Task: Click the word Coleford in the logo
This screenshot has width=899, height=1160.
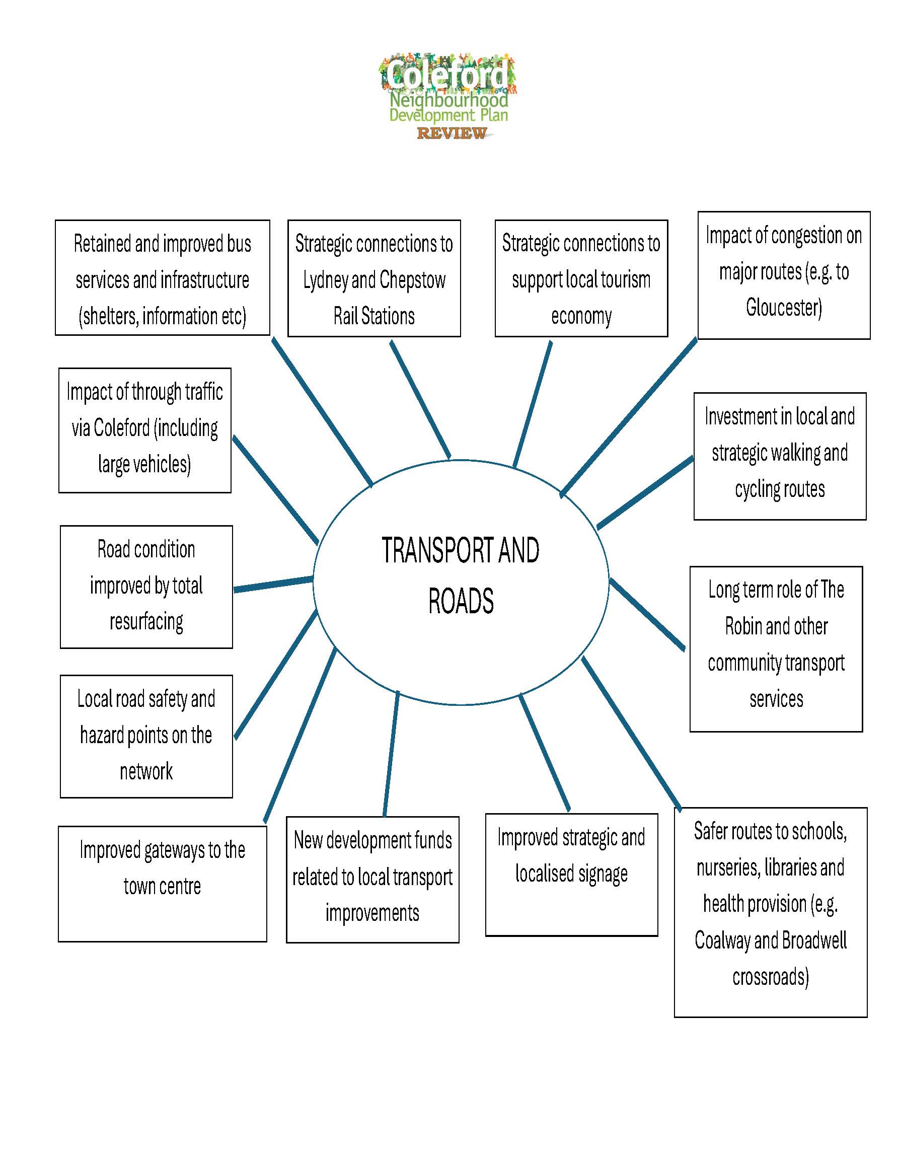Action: click(447, 75)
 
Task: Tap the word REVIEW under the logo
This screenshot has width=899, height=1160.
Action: click(452, 133)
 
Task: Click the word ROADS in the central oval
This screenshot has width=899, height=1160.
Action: click(461, 601)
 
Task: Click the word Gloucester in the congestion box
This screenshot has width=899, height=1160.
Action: click(783, 308)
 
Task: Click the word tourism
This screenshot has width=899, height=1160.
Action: click(625, 279)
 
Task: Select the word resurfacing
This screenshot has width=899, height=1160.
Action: click(146, 621)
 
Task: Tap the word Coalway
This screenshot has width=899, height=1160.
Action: click(722, 940)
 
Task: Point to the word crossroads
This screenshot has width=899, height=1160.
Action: click(770, 977)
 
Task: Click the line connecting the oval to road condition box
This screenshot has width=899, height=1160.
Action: click(273, 584)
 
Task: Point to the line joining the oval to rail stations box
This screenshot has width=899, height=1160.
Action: click(420, 399)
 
